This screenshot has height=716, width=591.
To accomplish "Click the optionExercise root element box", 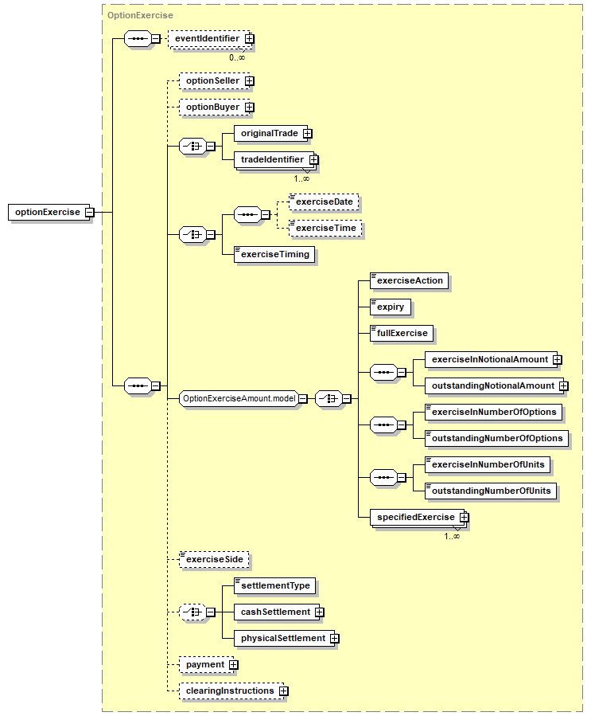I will click(48, 213).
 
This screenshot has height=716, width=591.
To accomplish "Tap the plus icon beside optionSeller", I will click(249, 81).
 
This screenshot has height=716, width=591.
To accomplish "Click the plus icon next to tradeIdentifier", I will click(313, 160).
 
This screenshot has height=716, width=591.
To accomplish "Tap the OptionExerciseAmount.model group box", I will click(239, 398).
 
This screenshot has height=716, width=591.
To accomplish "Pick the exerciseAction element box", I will click(410, 281).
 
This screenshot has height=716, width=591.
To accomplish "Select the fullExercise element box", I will click(402, 333).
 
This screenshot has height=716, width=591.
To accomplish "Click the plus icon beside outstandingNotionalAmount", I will click(563, 386).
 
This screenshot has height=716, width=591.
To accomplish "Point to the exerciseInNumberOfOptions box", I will click(493, 412).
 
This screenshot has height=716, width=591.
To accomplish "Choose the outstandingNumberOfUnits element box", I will click(490, 491).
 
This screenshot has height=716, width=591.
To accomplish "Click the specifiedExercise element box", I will click(414, 518).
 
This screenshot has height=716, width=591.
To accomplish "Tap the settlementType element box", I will click(274, 586).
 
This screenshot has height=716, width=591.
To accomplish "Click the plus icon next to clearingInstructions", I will click(283, 691).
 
